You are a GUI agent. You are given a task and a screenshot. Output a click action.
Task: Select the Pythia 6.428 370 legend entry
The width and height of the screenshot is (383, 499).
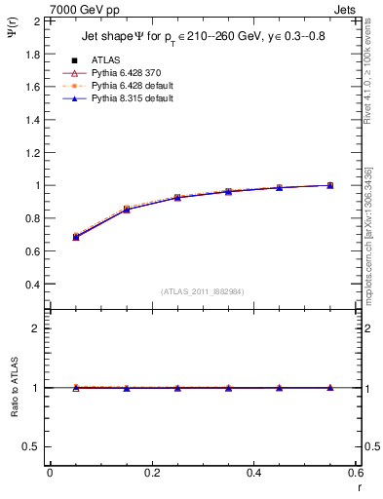124,73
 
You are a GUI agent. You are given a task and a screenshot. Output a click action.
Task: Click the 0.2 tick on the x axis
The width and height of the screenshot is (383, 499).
151,474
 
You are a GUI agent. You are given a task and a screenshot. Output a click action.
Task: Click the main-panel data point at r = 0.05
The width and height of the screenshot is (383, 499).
76,237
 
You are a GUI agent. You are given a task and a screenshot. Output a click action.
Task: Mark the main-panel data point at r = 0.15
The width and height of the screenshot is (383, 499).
127,209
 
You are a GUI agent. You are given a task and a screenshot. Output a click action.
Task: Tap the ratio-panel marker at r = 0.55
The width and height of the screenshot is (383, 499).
330,388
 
